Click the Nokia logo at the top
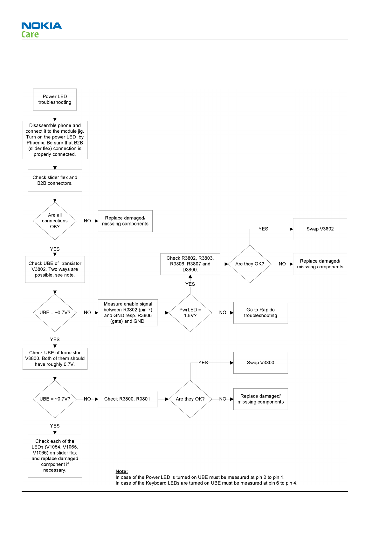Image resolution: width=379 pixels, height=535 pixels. pyautogui.click(x=42, y=25)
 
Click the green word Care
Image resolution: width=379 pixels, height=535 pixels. pyautogui.click(x=30, y=34)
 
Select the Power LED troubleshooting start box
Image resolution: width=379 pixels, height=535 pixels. pyautogui.click(x=55, y=100)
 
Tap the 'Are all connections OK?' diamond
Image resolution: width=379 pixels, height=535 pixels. pyautogui.click(x=55, y=221)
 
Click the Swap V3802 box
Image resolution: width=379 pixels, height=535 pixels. pyautogui.click(x=320, y=229)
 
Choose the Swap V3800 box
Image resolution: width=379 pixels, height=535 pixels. pyautogui.click(x=261, y=363)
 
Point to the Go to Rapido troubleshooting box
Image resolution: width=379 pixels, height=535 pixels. pyautogui.click(x=261, y=313)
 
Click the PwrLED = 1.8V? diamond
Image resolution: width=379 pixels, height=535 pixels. pyautogui.click(x=190, y=313)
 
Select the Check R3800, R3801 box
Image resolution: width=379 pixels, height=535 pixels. pyautogui.click(x=128, y=399)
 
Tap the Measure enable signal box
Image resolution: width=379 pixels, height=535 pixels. pyautogui.click(x=128, y=313)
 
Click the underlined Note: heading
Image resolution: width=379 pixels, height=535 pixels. pyautogui.click(x=122, y=471)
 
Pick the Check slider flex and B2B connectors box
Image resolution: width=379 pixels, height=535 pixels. pyautogui.click(x=55, y=181)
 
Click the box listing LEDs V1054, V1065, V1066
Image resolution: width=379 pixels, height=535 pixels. pyautogui.click(x=55, y=456)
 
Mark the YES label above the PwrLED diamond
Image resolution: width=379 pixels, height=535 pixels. pyautogui.click(x=190, y=284)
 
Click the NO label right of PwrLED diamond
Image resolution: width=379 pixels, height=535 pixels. pyautogui.click(x=223, y=313)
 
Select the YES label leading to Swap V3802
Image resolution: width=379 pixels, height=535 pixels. pyautogui.click(x=263, y=229)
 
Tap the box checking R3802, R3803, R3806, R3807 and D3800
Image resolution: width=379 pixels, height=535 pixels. pyautogui.click(x=190, y=264)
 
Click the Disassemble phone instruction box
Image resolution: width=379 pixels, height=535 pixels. pyautogui.click(x=55, y=140)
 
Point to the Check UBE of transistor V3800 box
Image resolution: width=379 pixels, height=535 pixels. pyautogui.click(x=55, y=358)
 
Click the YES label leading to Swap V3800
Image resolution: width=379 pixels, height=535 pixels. pyautogui.click(x=203, y=363)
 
